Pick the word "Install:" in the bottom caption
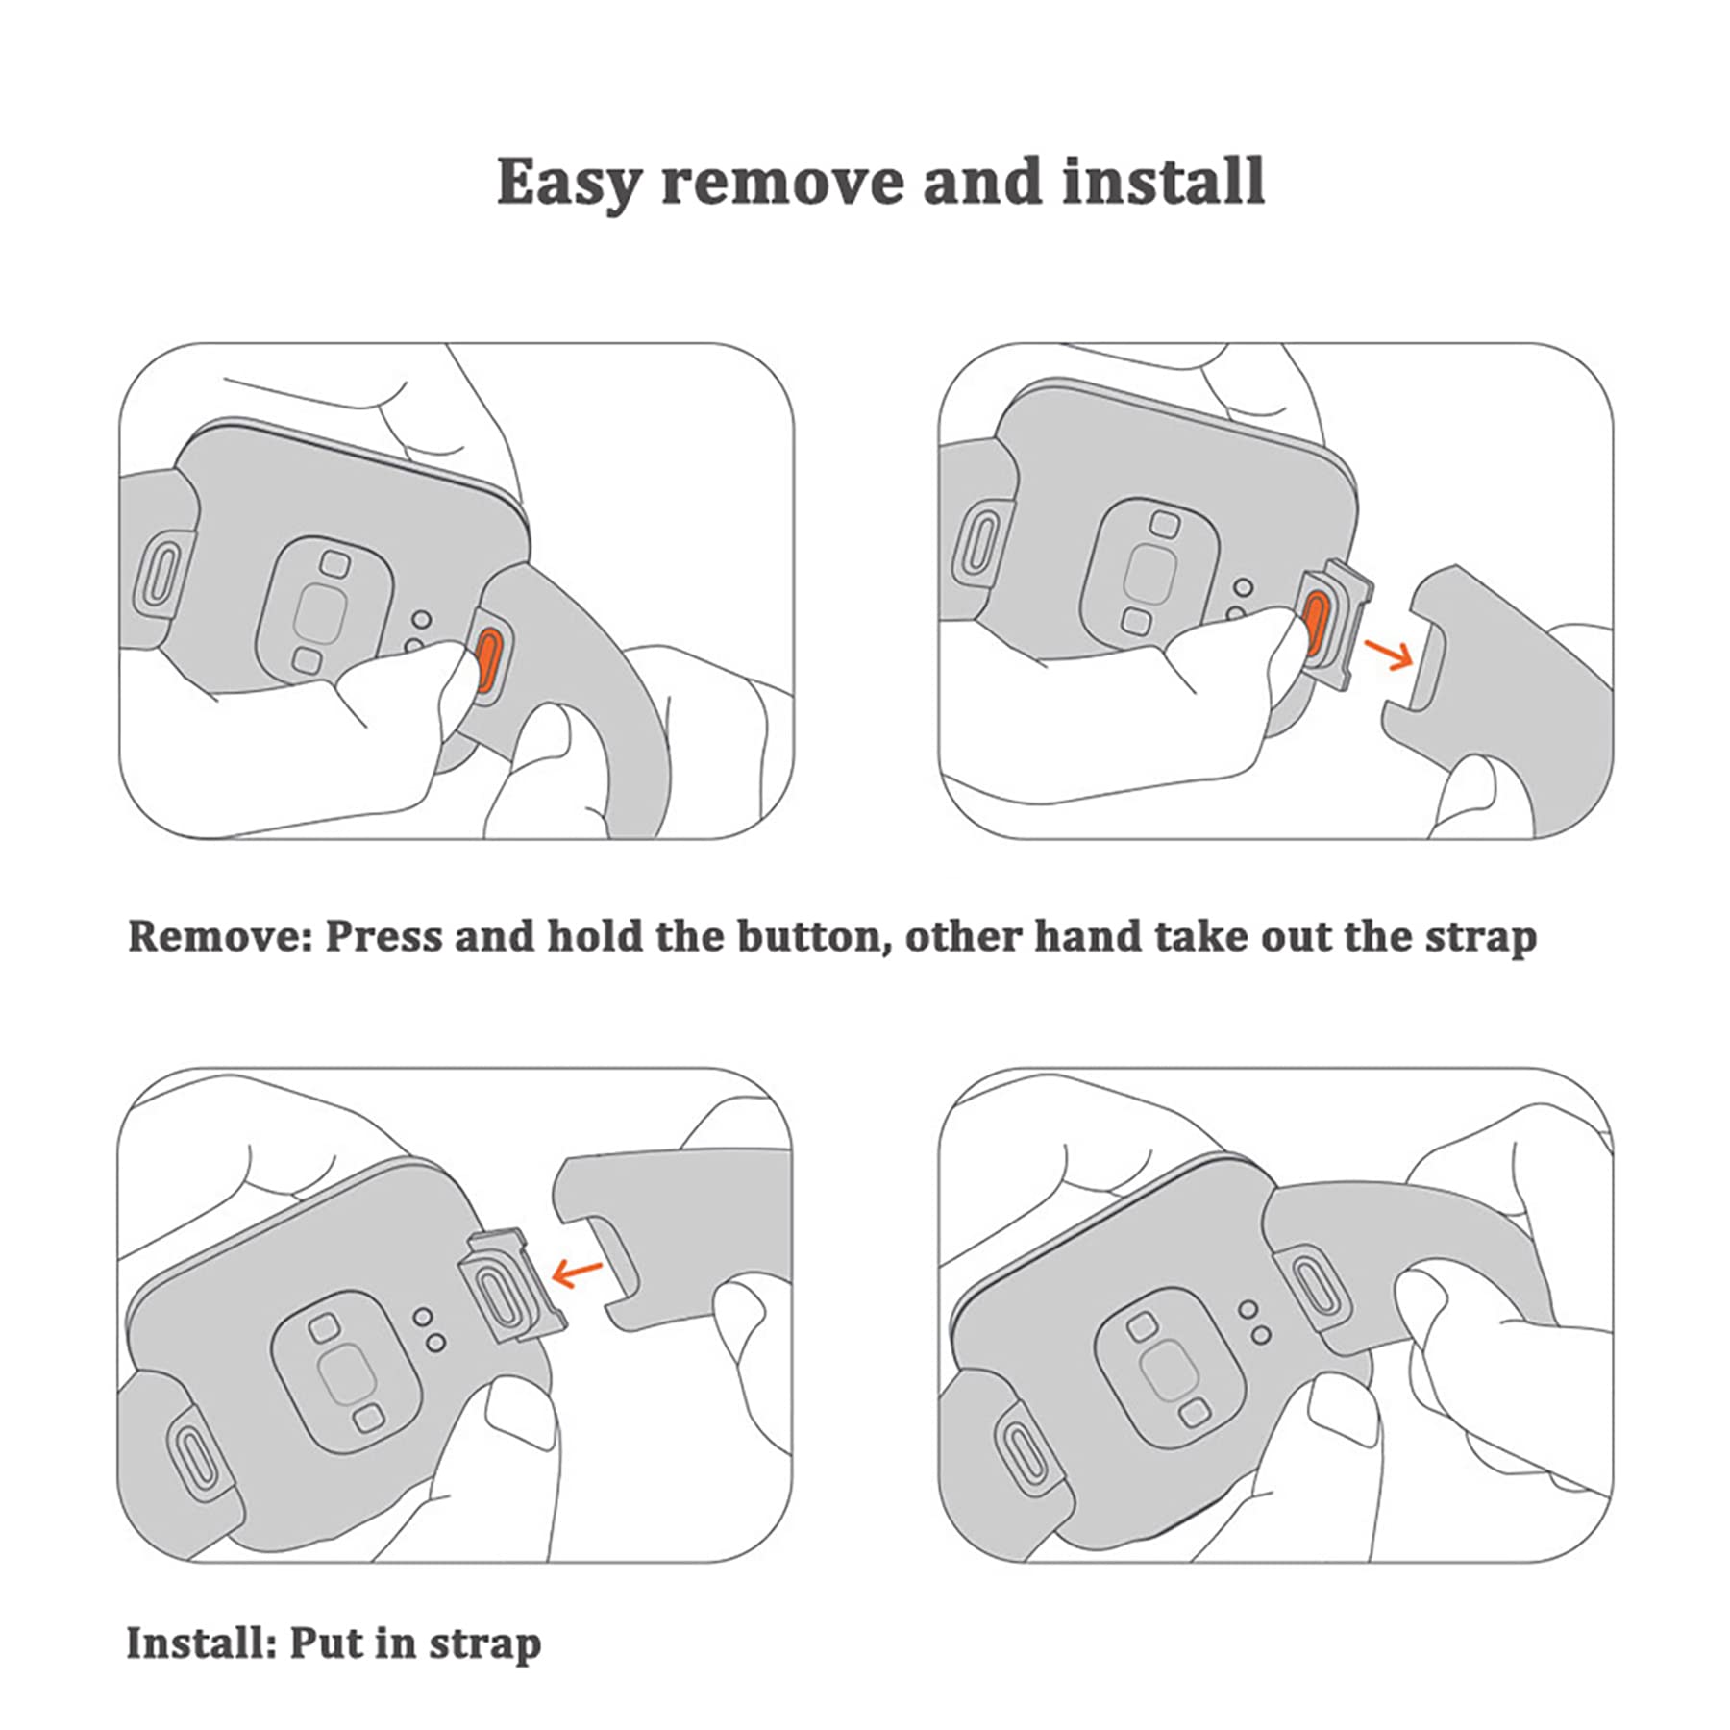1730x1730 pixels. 201,1643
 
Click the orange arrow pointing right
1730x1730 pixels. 1388,655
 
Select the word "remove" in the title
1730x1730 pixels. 780,183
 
